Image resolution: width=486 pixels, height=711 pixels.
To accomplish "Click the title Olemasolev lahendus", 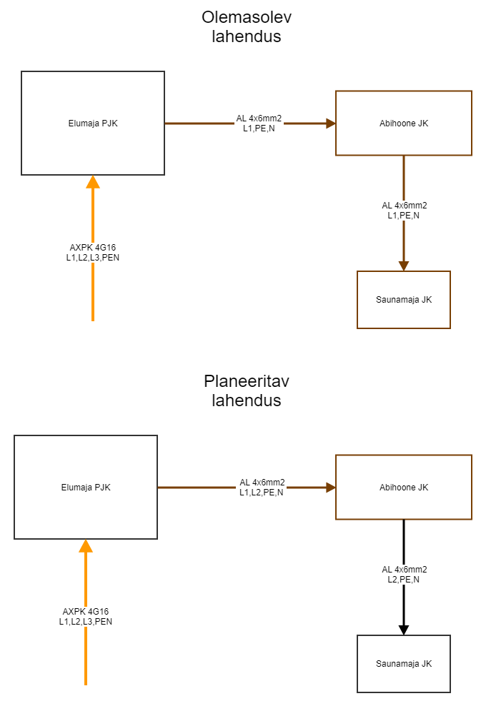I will click(x=247, y=27).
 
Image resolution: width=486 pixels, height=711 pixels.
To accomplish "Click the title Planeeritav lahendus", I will click(x=247, y=390).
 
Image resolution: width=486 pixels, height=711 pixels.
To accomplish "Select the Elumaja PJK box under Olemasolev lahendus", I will click(x=93, y=123).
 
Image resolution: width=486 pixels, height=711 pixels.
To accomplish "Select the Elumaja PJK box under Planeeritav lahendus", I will click(x=86, y=487).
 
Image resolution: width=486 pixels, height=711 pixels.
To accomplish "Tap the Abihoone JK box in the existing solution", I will click(x=404, y=123).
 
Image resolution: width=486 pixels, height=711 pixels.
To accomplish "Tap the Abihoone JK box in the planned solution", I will click(x=404, y=487).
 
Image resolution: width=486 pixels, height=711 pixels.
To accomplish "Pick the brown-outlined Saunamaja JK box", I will click(x=404, y=300).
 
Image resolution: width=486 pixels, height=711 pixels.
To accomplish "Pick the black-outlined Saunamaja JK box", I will click(x=404, y=664).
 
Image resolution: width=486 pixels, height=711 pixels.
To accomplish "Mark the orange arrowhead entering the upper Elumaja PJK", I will click(x=93, y=182).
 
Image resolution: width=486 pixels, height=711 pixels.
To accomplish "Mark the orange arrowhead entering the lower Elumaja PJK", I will click(x=86, y=546).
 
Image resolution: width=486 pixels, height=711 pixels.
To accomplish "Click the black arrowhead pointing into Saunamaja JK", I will click(x=404, y=630).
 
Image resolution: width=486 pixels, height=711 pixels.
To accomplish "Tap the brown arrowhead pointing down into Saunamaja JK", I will click(x=404, y=266).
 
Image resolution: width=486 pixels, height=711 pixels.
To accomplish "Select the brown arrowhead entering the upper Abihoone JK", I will click(x=331, y=123).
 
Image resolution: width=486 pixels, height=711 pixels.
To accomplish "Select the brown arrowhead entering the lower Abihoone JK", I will click(x=331, y=488).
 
